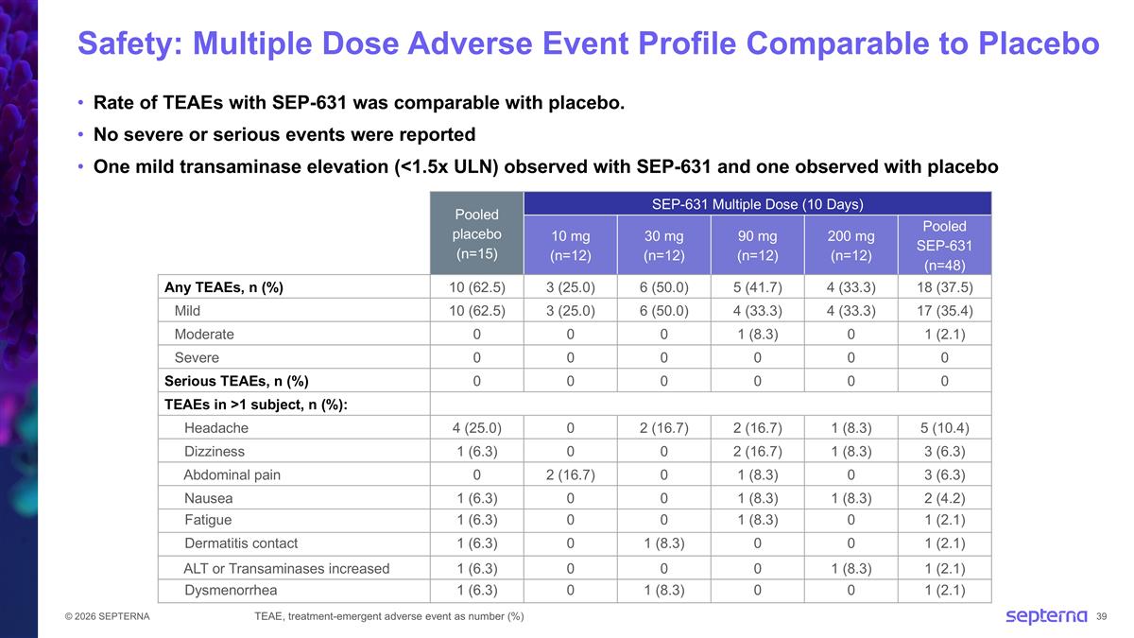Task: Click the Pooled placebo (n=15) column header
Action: (x=476, y=233)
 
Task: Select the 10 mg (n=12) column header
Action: (x=571, y=245)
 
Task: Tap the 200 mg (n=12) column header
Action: (x=850, y=245)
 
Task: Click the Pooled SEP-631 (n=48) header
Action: (x=944, y=245)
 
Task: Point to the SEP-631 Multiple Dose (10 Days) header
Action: (x=757, y=203)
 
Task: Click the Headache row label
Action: (x=216, y=428)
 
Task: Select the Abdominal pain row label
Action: (x=232, y=474)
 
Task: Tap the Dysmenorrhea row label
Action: (x=231, y=591)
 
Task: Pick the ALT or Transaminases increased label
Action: (x=286, y=568)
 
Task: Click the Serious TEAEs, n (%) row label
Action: (x=236, y=381)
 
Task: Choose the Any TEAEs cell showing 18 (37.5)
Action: (x=944, y=287)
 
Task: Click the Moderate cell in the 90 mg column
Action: (x=757, y=334)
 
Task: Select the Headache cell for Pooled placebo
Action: (x=476, y=428)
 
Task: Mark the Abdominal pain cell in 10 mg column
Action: (x=571, y=474)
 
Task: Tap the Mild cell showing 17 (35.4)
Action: (x=944, y=310)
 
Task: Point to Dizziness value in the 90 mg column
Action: (x=757, y=452)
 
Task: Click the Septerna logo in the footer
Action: (x=1045, y=616)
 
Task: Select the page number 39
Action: (x=1102, y=617)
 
